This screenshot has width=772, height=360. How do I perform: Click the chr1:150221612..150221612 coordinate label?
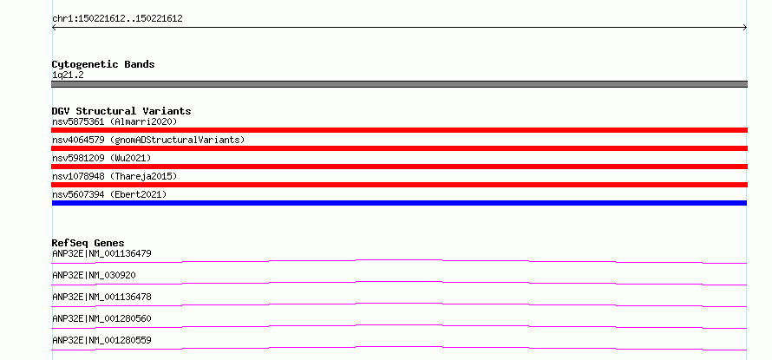click(117, 19)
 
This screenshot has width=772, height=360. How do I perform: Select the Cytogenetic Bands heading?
click(103, 64)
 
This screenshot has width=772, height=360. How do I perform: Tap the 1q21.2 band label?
click(68, 75)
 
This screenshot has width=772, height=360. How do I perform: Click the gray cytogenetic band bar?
click(399, 84)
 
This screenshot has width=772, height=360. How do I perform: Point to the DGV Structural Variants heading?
click(121, 111)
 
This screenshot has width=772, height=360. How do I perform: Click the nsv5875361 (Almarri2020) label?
click(114, 121)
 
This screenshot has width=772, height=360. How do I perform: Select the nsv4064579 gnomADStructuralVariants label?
click(148, 140)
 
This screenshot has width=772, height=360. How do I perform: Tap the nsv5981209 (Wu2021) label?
click(101, 158)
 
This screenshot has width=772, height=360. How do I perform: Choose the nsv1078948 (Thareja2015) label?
click(114, 176)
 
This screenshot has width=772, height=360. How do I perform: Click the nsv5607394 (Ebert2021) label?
click(109, 194)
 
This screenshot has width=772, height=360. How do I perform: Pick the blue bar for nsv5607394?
click(399, 203)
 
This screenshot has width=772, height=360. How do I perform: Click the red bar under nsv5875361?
click(399, 130)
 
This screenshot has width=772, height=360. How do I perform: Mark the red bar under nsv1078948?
click(399, 185)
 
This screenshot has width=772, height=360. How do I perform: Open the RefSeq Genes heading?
click(88, 243)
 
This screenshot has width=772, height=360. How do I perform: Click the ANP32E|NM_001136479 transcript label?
click(101, 254)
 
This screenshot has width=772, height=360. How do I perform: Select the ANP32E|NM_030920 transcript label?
click(94, 276)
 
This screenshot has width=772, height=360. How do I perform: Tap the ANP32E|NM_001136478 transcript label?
click(101, 298)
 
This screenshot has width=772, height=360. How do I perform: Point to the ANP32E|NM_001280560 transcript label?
click(101, 319)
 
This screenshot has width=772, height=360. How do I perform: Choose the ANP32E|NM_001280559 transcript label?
click(101, 341)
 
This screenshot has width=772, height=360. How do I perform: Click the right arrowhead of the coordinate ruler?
click(746, 28)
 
